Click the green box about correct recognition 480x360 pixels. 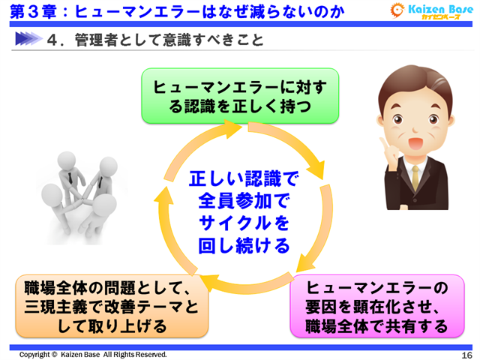pos(240,96)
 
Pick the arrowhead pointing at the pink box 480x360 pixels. pos(299,264)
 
